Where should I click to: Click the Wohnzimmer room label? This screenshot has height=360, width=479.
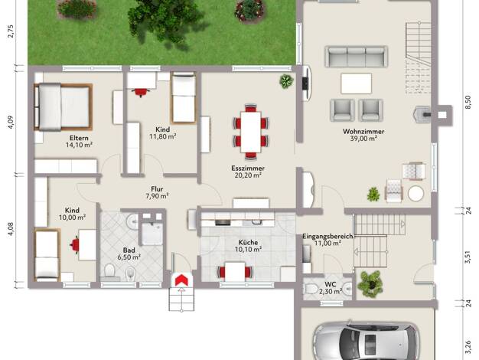(363, 132)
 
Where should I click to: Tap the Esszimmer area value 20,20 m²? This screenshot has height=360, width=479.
(248, 175)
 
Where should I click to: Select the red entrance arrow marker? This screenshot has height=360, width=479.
(181, 280)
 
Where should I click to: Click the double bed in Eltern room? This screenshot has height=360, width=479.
(63, 106)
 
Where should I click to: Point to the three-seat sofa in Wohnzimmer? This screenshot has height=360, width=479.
(357, 56)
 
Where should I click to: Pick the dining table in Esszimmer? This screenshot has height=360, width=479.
(250, 132)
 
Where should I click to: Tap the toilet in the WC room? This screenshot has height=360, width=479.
(311, 288)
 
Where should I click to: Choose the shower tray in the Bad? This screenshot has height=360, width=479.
(152, 233)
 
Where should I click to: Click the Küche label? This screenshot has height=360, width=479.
(248, 242)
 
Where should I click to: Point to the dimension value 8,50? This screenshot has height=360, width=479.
(468, 102)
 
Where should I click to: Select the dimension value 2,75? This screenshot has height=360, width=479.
(11, 31)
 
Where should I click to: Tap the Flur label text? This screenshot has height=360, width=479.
(157, 189)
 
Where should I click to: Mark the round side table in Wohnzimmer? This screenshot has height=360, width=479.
(415, 194)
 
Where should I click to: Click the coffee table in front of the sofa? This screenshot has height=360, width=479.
(357, 83)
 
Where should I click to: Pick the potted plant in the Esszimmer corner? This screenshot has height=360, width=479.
(286, 81)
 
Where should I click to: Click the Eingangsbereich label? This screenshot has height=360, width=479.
(327, 236)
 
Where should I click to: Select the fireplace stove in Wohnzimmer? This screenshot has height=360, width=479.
(422, 114)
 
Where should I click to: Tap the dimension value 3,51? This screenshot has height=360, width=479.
(468, 257)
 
